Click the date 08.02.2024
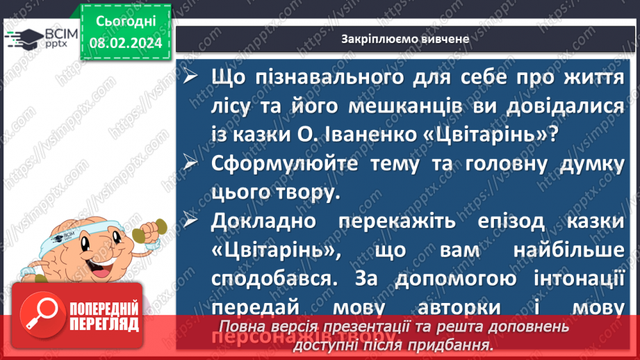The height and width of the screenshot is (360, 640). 125,43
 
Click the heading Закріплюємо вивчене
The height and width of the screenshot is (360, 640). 405,39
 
